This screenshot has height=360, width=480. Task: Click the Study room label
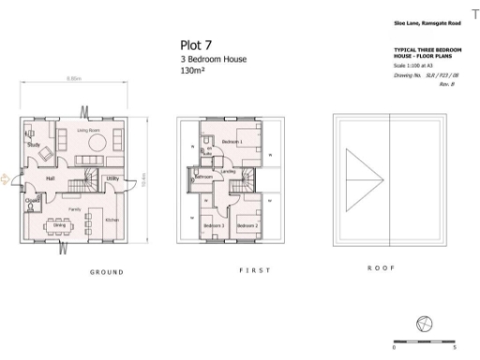(x=33, y=145)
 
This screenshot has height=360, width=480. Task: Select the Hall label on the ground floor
(x=52, y=177)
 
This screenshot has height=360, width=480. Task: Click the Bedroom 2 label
(x=247, y=227)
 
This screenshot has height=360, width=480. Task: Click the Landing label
(x=228, y=172)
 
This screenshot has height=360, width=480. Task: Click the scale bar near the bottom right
(x=427, y=343)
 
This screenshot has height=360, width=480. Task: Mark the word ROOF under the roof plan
(x=379, y=268)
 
